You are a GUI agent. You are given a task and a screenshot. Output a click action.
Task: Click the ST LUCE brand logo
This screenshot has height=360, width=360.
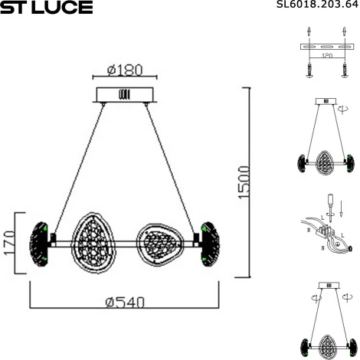[47, 8]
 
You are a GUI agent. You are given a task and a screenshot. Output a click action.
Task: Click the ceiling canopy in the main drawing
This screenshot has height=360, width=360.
[124, 95]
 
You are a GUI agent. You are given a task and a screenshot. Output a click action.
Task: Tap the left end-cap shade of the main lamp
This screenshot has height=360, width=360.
[38, 244]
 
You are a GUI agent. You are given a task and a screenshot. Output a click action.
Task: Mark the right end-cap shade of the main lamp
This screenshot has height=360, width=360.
[208, 244]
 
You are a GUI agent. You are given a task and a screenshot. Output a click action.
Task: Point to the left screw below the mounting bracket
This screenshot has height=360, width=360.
[309, 72]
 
